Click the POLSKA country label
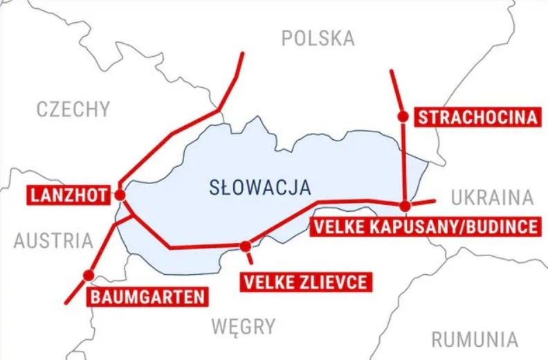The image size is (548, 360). (x=318, y=38)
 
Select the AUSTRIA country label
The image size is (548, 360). (x=53, y=241)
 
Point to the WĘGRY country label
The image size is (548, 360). (x=243, y=325)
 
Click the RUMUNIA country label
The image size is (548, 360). (x=475, y=339)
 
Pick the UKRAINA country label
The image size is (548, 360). (x=492, y=198)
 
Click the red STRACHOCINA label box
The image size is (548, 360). (x=477, y=116)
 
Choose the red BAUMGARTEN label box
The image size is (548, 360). (x=147, y=298)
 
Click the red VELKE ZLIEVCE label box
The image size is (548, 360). (x=304, y=282)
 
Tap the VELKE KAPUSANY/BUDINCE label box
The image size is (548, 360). (x=426, y=226)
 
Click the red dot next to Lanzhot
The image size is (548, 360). (x=120, y=196)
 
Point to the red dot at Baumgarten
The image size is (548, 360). (x=88, y=276)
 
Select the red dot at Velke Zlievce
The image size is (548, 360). (x=246, y=245)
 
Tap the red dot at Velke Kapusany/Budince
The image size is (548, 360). (x=405, y=205)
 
